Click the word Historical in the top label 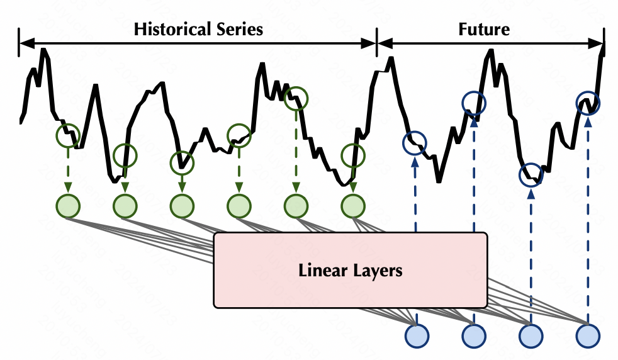point(169,29)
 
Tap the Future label point(484,29)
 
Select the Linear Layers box point(351,271)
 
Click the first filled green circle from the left point(68,205)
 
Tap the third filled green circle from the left point(183,205)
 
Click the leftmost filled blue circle point(416,335)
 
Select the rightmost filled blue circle point(588,335)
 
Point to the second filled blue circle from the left point(473,335)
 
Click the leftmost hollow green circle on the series point(68,134)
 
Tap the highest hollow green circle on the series point(296,98)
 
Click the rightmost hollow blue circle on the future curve point(588,103)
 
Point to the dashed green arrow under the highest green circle point(296,151)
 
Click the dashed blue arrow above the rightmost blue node point(588,220)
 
